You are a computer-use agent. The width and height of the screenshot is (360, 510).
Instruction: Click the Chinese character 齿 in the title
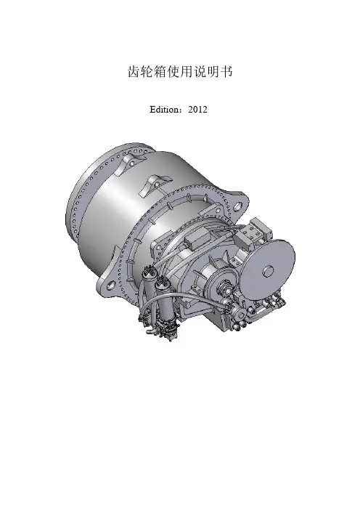pyautogui.click(x=134, y=72)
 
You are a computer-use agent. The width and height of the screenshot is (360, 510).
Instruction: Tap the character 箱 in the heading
pyautogui.click(x=160, y=72)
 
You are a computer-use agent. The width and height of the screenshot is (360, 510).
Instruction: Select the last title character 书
pyautogui.click(x=226, y=72)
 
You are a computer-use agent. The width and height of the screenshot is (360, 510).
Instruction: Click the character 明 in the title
pyautogui.click(x=213, y=72)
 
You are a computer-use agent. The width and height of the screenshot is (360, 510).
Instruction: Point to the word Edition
pyautogui.click(x=163, y=110)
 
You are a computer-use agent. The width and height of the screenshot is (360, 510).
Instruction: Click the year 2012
pyautogui.click(x=197, y=110)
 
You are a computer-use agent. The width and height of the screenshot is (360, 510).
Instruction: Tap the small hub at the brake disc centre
pyautogui.click(x=269, y=270)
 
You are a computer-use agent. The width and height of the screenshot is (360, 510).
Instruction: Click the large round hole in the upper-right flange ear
pyautogui.click(x=238, y=206)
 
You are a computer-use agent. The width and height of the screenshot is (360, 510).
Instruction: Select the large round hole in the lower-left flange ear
pyautogui.click(x=111, y=286)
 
